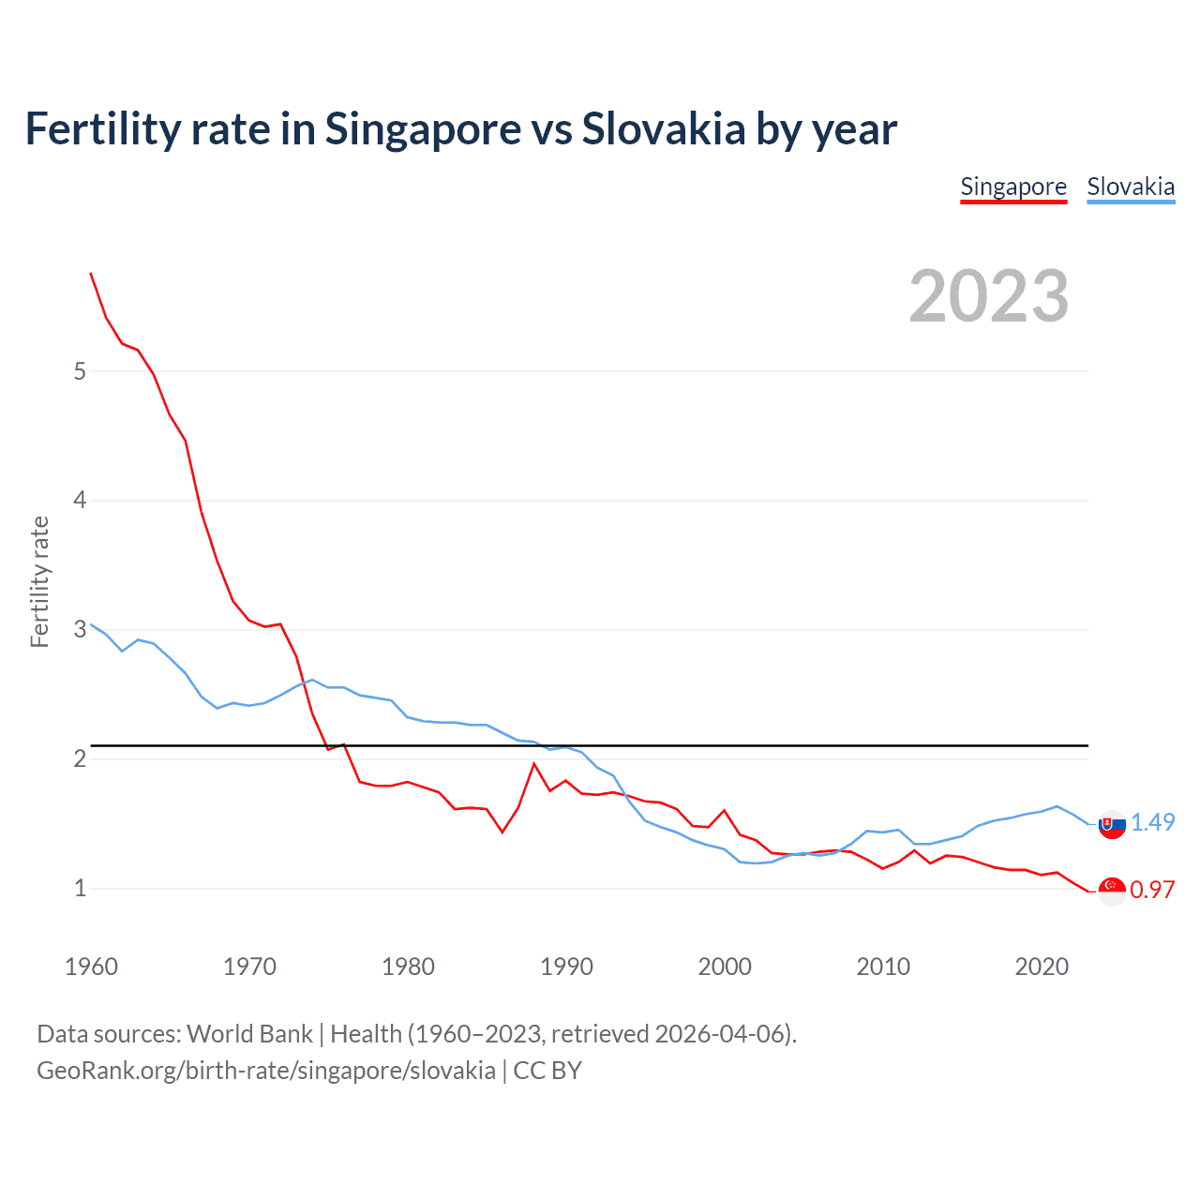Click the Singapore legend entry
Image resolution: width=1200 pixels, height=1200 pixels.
point(1013,187)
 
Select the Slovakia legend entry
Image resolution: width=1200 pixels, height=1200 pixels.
point(1131,187)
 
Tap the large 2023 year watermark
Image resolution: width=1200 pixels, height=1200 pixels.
point(989,296)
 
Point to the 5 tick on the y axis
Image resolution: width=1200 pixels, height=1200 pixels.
point(80,371)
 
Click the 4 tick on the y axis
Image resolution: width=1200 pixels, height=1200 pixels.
point(80,500)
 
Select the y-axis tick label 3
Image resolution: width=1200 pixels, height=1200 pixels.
point(80,629)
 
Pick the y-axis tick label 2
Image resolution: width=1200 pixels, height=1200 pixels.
point(80,758)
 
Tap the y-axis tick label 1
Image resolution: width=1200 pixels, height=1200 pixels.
point(80,888)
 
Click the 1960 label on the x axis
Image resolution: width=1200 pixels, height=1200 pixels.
point(91,967)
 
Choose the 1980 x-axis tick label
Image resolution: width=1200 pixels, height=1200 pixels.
point(408,967)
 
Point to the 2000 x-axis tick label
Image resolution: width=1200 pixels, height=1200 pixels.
point(725,967)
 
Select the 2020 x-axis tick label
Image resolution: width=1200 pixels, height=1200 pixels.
point(1042,967)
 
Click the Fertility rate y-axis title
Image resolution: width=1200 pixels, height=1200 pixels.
point(39,581)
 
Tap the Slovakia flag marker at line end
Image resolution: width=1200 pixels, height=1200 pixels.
point(1112,825)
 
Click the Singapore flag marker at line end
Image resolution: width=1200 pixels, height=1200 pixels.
point(1112,891)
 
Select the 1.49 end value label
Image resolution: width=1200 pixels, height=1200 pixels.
point(1152,822)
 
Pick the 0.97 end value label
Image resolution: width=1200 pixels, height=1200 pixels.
point(1152,890)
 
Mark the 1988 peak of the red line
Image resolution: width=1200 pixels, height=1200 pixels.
point(534,763)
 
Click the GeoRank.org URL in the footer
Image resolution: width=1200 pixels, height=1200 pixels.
point(266,1071)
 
